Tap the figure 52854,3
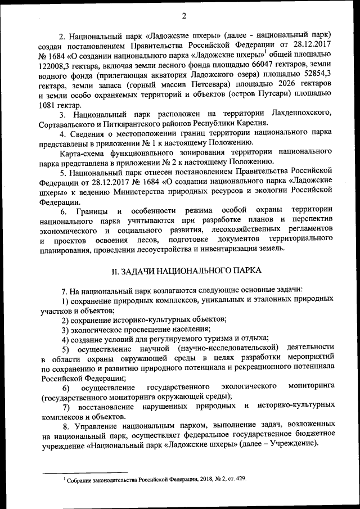[313, 74]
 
